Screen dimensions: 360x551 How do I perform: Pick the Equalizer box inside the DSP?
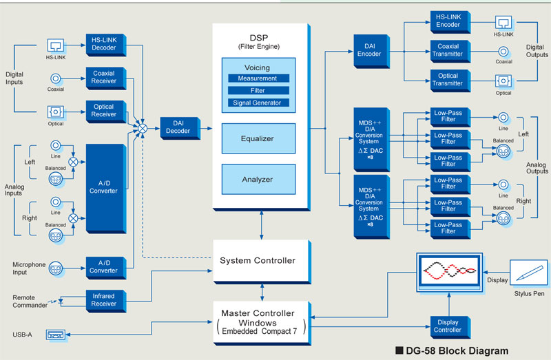tap(258, 139)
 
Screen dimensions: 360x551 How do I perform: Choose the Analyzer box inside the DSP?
tap(258, 180)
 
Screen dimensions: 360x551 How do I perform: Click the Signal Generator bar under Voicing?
tap(258, 103)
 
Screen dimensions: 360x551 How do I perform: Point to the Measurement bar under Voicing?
tap(258, 78)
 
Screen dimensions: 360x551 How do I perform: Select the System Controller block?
tap(258, 260)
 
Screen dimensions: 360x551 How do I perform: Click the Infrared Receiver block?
tap(103, 300)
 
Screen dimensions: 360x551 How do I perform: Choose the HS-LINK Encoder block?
tap(448, 21)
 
